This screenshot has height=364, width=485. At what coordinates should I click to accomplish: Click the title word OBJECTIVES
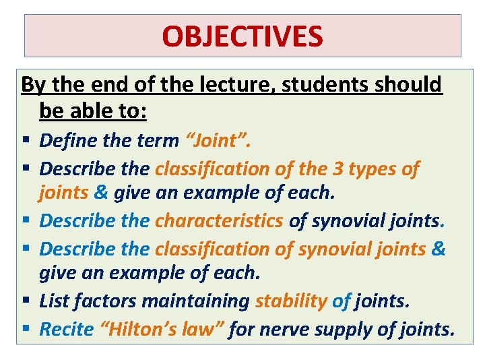[243, 36]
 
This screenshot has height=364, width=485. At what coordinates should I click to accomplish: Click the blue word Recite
[65, 330]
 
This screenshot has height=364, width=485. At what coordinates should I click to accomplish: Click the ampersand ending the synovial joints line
[438, 249]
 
